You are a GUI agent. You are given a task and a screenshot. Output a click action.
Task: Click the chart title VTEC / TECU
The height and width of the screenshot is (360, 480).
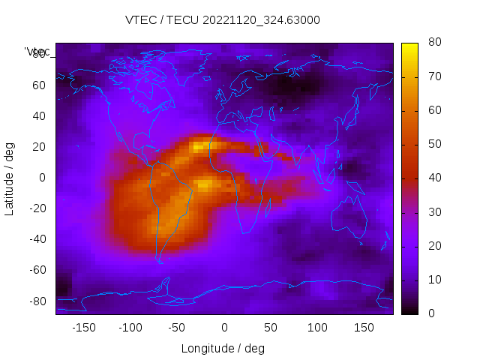pos(223,20)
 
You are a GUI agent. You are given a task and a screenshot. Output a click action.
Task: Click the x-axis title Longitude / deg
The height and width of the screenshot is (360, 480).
pos(223,349)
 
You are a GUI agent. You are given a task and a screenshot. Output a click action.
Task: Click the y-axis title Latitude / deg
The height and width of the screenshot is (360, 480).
pos(10,178)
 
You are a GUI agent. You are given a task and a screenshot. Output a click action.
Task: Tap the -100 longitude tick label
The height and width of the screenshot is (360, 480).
pos(130,328)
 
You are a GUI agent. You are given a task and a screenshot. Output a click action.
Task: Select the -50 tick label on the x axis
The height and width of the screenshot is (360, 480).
pos(177,328)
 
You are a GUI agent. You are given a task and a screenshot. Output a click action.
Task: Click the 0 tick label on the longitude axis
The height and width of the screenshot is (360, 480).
pos(224,328)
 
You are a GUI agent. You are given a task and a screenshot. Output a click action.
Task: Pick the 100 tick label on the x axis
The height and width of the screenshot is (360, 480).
pos(317,328)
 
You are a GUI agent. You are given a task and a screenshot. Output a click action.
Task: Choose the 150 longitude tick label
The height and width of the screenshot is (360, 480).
pos(364,328)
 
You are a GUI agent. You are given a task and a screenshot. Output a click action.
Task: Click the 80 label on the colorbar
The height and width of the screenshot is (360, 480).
pos(433,43)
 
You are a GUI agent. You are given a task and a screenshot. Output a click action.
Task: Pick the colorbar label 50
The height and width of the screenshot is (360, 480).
pos(433,144)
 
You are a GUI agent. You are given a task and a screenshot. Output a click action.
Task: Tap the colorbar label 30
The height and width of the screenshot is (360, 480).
pos(433,212)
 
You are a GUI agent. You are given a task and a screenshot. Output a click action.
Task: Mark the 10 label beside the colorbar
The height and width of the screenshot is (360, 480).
pos(433,280)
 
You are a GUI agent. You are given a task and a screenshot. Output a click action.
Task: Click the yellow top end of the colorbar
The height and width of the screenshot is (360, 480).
pos(409,46)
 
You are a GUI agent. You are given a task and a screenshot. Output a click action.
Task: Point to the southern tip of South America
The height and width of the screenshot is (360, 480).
pos(160,261)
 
